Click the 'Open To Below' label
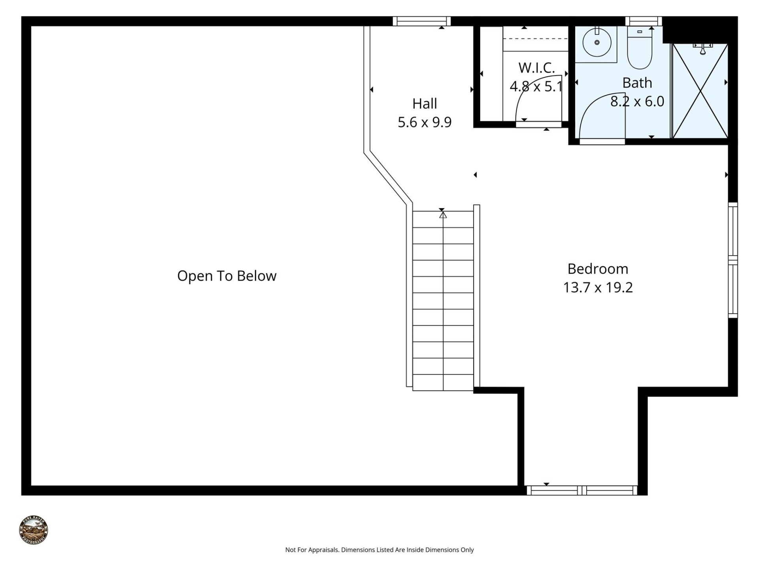click(x=227, y=276)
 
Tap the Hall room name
click(x=425, y=104)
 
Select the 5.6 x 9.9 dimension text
click(x=425, y=122)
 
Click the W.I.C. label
click(x=536, y=68)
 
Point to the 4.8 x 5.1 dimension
click(x=536, y=86)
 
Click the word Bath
click(x=637, y=83)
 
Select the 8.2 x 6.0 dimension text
click(x=637, y=102)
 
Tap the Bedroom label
click(x=598, y=269)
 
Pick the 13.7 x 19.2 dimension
click(x=598, y=287)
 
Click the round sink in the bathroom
click(x=597, y=42)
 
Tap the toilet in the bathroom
click(x=639, y=49)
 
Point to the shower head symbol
click(x=702, y=49)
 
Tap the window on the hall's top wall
click(x=421, y=21)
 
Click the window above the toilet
click(x=643, y=21)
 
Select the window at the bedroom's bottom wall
click(x=582, y=490)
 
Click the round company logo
click(x=34, y=530)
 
